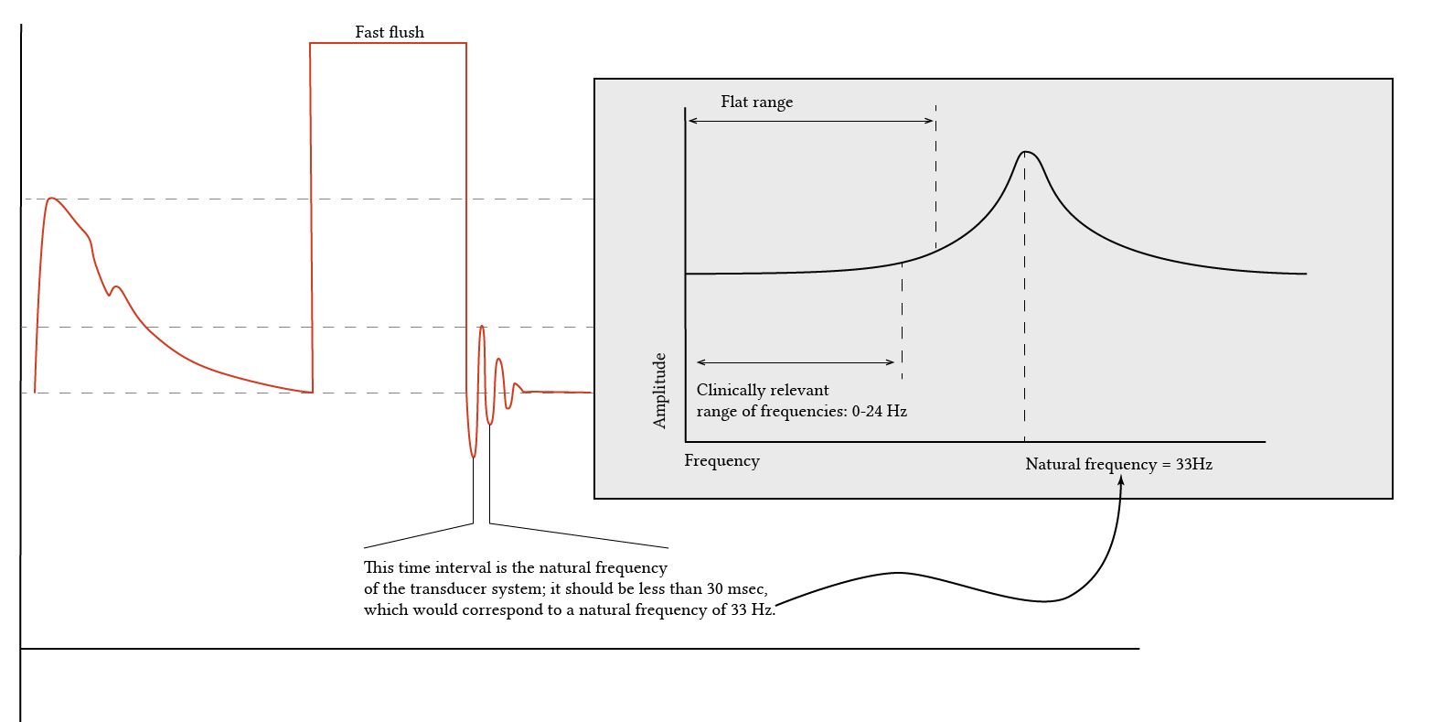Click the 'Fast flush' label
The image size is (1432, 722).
(390, 33)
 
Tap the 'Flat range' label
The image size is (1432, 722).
(756, 102)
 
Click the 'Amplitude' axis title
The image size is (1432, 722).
(660, 391)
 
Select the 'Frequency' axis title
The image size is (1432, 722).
(721, 461)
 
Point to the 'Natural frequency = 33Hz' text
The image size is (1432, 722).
(1118, 465)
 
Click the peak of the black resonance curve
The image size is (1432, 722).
(1026, 151)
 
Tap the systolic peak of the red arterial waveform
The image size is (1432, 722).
(51, 198)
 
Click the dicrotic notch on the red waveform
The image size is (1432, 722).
(110, 295)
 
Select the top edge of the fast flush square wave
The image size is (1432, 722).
(389, 43)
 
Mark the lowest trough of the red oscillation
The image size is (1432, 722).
(473, 456)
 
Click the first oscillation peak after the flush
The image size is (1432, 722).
(482, 326)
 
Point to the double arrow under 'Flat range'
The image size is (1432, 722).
(811, 121)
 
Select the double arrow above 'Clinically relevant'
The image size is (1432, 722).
(796, 363)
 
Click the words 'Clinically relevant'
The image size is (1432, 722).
(763, 391)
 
